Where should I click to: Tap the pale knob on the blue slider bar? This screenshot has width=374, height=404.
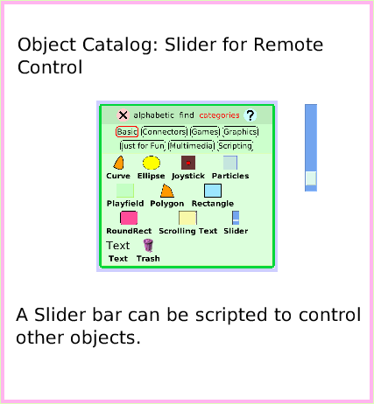(310, 180)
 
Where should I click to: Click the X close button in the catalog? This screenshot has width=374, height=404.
(123, 115)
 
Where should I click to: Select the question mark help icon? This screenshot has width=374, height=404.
(250, 115)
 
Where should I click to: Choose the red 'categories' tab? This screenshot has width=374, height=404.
(219, 115)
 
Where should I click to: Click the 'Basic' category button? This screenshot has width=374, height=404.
(127, 132)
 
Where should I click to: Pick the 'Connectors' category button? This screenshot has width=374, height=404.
(164, 132)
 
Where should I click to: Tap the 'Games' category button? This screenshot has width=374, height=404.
(204, 132)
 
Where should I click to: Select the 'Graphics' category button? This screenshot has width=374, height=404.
(240, 132)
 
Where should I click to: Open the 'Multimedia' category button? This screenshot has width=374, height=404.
(190, 146)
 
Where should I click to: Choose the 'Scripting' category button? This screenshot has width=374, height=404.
(235, 146)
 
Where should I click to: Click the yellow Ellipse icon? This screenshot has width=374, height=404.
(151, 163)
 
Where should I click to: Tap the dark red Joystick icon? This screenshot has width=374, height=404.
(187, 163)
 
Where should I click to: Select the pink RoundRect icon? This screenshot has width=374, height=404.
(129, 217)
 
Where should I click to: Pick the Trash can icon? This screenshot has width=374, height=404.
(147, 246)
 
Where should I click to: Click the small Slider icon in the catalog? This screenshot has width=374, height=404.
(235, 218)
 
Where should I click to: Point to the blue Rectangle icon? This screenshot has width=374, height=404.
(212, 191)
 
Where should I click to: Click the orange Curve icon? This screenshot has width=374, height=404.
(118, 163)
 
